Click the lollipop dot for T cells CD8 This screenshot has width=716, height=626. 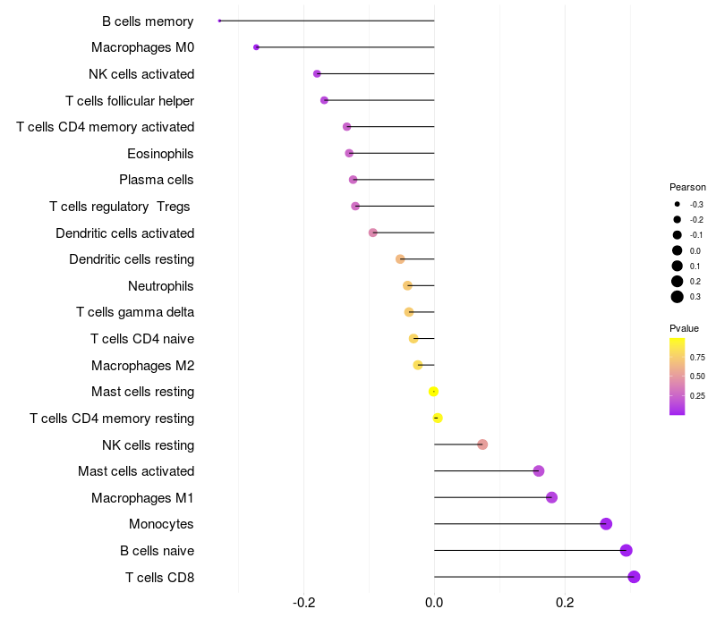[634, 577]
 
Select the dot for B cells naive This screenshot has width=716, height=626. [626, 551]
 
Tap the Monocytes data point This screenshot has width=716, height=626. [606, 524]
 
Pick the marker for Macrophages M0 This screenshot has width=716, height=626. [256, 47]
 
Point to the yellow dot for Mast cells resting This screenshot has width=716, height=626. [433, 392]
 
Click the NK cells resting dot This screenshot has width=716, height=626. [482, 444]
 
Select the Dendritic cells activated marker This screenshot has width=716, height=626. [373, 233]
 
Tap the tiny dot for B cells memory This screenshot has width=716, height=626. [219, 21]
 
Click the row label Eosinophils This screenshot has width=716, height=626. [160, 154]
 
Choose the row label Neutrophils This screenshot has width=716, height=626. [160, 286]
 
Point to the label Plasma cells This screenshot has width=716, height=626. [157, 180]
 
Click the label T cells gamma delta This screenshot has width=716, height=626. [135, 312]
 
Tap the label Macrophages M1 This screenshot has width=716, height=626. [142, 497]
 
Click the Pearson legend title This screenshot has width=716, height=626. [687, 188]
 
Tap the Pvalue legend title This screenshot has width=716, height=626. [685, 328]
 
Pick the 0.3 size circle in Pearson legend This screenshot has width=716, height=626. [678, 297]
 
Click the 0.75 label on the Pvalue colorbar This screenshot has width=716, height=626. [697, 357]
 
